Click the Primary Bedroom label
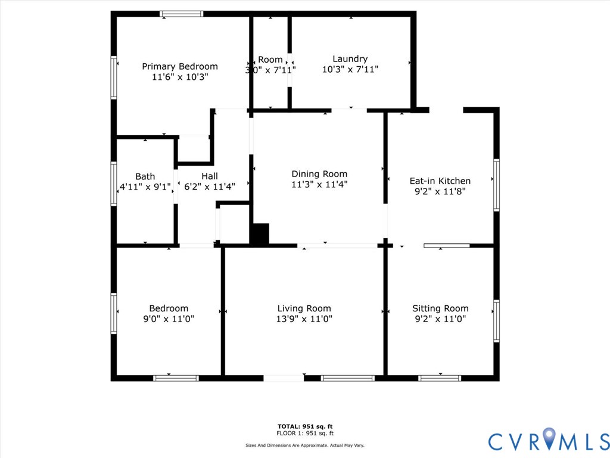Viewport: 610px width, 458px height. click(x=179, y=66)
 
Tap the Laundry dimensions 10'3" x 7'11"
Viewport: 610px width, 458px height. click(x=350, y=69)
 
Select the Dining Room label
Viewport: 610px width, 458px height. click(x=319, y=174)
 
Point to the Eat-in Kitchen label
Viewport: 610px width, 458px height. click(x=440, y=181)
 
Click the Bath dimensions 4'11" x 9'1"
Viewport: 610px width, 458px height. click(x=145, y=187)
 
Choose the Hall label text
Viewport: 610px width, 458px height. click(x=209, y=176)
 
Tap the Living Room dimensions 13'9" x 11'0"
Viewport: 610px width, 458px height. click(x=304, y=319)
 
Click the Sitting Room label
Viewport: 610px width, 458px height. click(x=440, y=308)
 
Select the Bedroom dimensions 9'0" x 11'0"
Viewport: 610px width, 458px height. click(x=169, y=319)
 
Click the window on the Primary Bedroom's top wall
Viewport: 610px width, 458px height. click(x=182, y=14)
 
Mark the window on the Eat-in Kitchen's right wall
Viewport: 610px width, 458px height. click(x=496, y=185)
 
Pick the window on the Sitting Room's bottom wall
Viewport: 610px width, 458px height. click(x=440, y=378)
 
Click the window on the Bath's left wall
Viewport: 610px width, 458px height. click(x=114, y=184)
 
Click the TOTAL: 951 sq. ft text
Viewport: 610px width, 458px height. click(x=305, y=426)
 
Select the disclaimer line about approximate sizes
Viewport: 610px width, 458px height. click(x=305, y=445)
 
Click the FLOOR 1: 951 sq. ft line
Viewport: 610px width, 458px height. click(x=305, y=434)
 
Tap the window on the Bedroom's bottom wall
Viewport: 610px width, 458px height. click(x=176, y=378)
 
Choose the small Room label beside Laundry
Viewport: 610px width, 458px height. click(x=270, y=60)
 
